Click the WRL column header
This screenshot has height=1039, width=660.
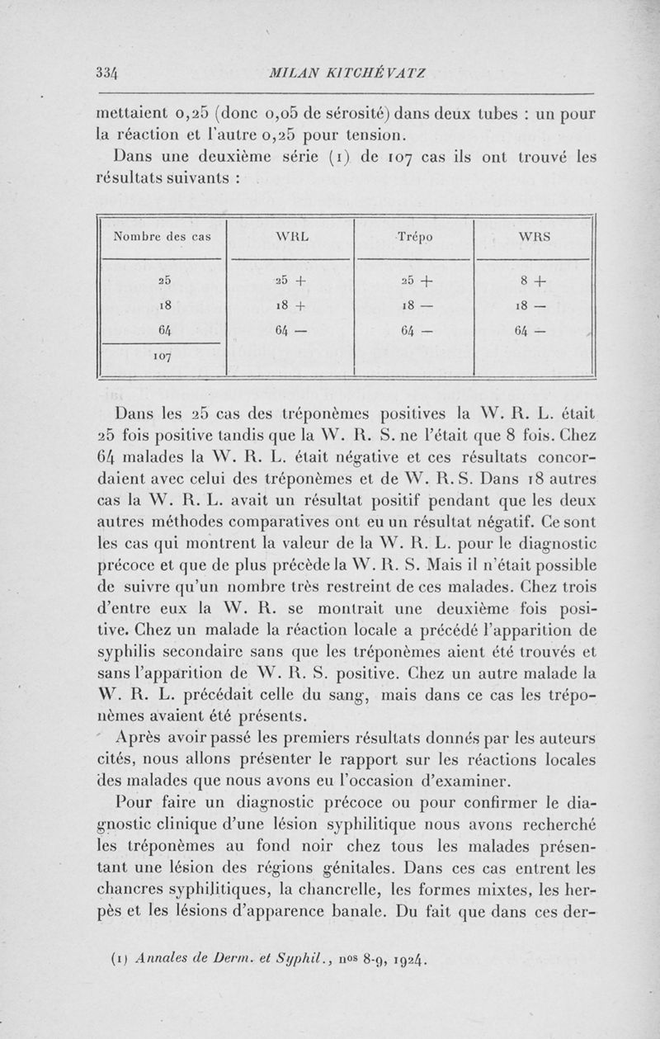291,237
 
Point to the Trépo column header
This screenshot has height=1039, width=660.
414,237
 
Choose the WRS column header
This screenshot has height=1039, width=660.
535,237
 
